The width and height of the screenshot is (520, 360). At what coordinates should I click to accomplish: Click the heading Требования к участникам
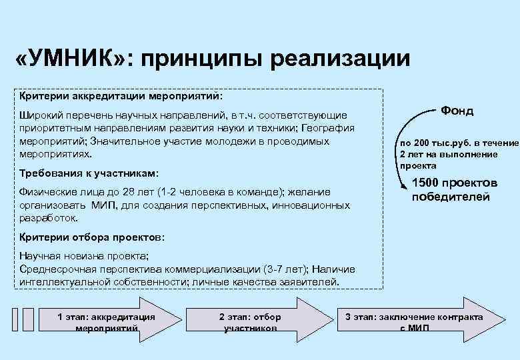90,173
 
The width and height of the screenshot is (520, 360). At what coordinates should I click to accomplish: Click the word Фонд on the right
457,111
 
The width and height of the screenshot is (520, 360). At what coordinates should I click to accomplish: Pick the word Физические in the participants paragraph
48,193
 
